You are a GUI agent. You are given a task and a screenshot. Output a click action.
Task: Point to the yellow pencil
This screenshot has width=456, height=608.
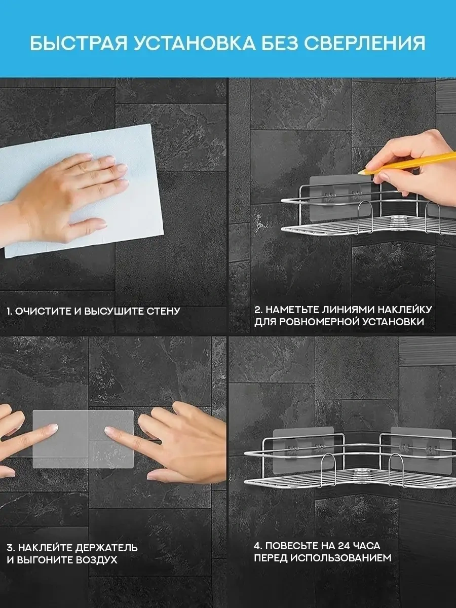pyautogui.click(x=415, y=162)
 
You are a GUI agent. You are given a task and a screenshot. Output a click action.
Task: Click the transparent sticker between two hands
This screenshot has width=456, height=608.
pyautogui.click(x=84, y=439)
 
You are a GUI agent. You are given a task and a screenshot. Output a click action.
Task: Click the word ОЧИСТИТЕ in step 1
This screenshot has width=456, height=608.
pyautogui.click(x=43, y=311)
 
